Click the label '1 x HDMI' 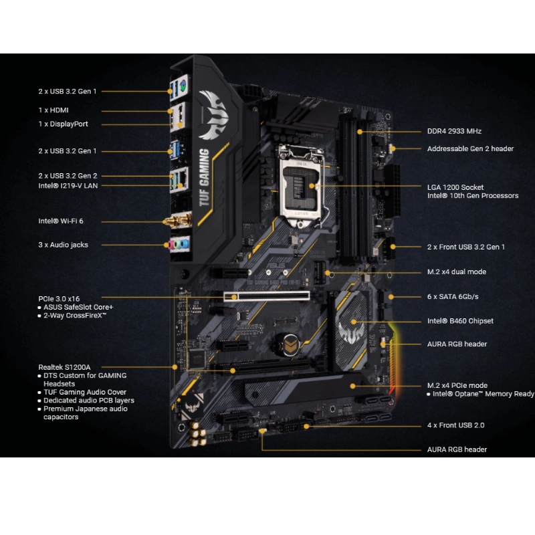click(x=54, y=110)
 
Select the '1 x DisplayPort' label click(x=63, y=124)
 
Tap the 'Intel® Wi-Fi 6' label click(x=61, y=220)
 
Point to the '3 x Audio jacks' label click(x=63, y=245)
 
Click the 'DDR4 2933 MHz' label click(x=454, y=131)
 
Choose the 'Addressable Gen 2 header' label click(x=470, y=148)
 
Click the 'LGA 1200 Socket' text click(x=455, y=187)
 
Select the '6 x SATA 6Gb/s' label click(x=453, y=296)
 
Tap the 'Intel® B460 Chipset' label click(x=460, y=320)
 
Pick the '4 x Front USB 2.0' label click(x=456, y=425)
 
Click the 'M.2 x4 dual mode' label click(x=457, y=272)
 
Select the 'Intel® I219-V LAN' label click(x=68, y=185)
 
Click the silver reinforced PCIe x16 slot click(x=267, y=295)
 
